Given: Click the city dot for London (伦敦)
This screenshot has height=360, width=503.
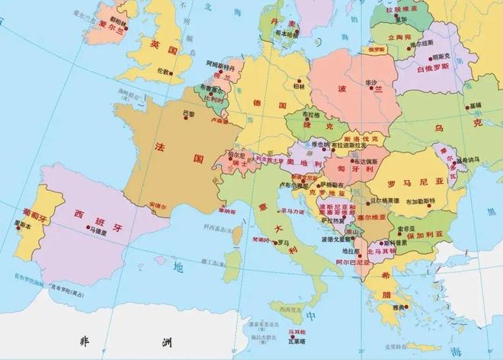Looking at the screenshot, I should (x=171, y=73).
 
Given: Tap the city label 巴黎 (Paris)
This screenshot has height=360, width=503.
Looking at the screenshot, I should (x=189, y=114).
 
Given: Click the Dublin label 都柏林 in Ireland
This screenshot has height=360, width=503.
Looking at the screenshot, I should (x=118, y=16).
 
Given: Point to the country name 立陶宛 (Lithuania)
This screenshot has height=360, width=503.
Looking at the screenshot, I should (x=400, y=36).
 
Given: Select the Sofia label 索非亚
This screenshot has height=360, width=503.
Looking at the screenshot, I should (x=405, y=227).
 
